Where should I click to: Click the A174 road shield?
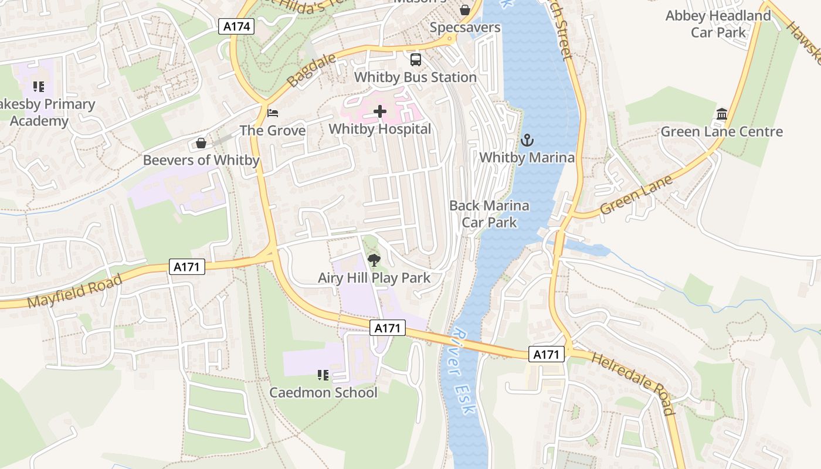[236, 26]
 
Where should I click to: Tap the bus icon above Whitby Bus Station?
[415, 60]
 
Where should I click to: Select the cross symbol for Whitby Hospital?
[380, 111]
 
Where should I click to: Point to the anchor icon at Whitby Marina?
[527, 140]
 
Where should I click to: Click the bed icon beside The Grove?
[273, 113]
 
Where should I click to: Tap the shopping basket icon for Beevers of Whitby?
[201, 143]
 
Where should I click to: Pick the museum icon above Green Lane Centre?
[721, 114]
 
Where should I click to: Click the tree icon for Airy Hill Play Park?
[374, 260]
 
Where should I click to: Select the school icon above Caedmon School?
[323, 375]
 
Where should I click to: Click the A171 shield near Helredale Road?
[547, 354]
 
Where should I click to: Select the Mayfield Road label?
[74, 291]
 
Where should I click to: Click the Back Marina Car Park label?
[489, 214]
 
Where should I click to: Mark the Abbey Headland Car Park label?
[718, 24]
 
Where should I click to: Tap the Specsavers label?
[465, 28]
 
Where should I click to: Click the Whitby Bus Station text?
[415, 77]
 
